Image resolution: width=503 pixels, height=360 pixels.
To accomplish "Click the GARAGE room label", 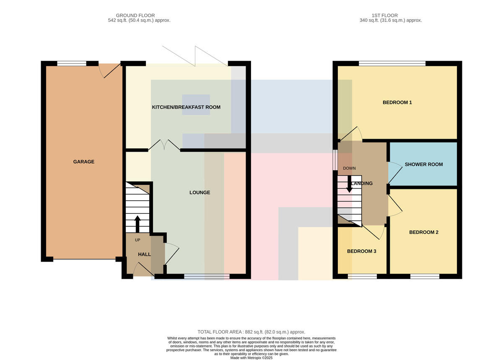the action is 84,162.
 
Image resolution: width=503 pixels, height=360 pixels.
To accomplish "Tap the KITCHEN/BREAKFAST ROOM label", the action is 186,107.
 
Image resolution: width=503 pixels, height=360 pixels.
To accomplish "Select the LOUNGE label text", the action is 200,192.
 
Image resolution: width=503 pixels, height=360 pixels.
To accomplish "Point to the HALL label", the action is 144,254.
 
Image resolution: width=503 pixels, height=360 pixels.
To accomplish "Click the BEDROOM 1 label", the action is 397,103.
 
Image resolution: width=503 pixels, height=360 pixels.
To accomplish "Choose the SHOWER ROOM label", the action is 424,164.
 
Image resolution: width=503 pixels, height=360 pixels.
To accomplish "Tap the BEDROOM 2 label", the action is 424,232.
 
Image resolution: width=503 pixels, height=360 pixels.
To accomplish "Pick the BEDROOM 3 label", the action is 361,251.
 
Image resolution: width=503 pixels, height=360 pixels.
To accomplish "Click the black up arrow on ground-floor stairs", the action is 137,224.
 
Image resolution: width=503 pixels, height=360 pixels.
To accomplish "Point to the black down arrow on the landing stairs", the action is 350,184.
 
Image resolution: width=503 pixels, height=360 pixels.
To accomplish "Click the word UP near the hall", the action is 137,240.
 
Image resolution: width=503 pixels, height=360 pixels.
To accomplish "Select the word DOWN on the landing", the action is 349,168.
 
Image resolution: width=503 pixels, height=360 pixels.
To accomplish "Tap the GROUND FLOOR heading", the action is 135,16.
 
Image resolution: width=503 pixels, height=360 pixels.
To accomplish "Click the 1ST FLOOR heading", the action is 385,16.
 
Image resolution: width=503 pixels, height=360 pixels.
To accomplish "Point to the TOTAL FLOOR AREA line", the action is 251,332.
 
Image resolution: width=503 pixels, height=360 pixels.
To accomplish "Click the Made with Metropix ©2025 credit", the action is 251,358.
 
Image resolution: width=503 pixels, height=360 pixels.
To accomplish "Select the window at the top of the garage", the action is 72,64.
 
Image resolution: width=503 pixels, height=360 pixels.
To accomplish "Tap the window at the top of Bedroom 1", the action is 392,64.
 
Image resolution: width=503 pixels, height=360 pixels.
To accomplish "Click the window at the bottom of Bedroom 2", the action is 425,277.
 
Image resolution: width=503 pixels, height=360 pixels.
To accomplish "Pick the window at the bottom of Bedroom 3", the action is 362,277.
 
